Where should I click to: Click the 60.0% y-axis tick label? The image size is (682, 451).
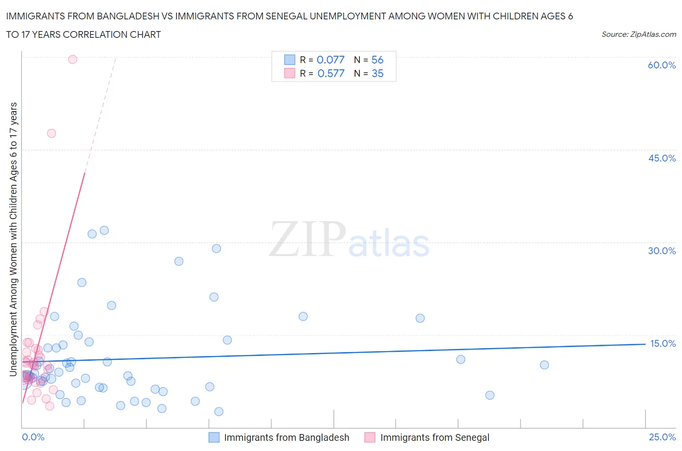point(661,65)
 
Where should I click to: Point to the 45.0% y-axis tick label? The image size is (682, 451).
point(662,158)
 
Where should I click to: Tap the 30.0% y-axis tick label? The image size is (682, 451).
point(662,251)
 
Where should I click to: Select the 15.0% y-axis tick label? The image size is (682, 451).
point(662,343)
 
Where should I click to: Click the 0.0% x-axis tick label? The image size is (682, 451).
point(33,437)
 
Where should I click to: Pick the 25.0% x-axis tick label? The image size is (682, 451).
point(662,437)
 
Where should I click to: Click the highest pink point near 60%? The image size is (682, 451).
point(73,59)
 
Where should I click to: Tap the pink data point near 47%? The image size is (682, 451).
point(51,133)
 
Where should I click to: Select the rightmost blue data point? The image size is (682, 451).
point(544,365)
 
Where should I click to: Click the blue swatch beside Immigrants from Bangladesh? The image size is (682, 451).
point(214,437)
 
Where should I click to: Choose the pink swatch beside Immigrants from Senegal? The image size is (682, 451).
point(370,437)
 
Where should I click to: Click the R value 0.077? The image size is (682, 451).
point(330,60)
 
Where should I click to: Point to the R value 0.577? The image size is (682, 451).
point(331,73)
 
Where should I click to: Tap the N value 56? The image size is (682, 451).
point(377,60)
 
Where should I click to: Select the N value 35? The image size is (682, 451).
point(377,73)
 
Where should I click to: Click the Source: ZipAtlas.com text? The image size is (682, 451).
point(638,34)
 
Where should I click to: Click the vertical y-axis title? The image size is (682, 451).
point(13,239)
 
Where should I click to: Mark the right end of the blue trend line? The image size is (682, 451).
point(645,344)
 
